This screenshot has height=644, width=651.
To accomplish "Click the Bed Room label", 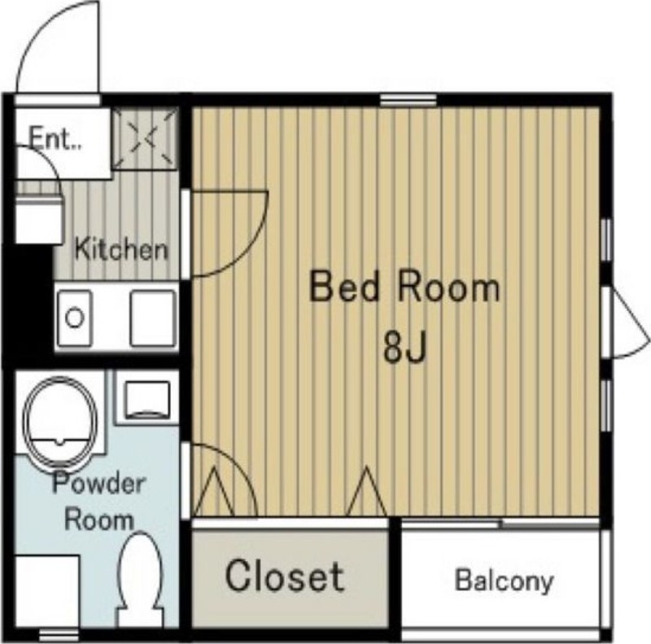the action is (404, 287).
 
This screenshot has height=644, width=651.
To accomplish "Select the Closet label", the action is (285, 576).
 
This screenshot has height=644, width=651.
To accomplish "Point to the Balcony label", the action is (505, 580).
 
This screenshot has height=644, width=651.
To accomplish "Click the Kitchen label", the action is (121, 249).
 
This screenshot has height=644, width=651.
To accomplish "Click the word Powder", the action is (98, 484).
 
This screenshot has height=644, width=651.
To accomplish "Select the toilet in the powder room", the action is (140, 580).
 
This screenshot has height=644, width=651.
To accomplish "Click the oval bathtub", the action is (60, 421).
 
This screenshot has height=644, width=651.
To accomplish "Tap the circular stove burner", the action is (75, 318).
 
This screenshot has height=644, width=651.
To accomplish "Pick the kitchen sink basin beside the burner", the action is (152, 318).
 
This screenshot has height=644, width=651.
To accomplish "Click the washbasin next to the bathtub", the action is (147, 400).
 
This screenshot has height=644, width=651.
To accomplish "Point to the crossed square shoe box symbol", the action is (146, 138).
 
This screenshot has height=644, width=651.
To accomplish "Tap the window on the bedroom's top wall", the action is (409, 100).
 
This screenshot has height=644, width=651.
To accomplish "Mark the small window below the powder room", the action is (59, 635).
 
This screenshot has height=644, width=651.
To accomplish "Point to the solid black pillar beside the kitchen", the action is (28, 305).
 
